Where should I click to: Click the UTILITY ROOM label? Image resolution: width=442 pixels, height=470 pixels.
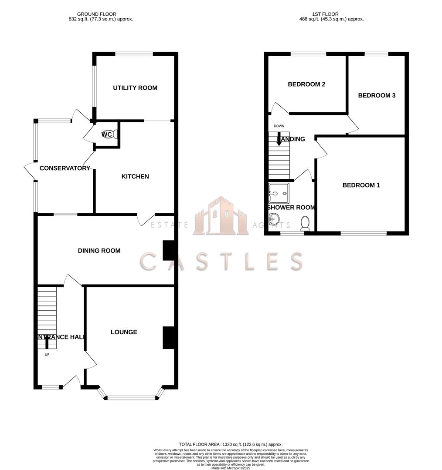click(135, 88)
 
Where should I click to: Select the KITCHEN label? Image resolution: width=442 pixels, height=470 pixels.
click(135, 176)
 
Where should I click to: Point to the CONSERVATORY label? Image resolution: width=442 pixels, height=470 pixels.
click(65, 168)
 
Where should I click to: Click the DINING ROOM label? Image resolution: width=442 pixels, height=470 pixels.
click(99, 251)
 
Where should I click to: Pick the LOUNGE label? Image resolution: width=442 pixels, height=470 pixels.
click(124, 332)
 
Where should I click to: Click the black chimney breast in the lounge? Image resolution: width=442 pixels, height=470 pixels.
click(168, 337)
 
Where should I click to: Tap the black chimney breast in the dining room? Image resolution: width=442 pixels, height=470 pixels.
click(168, 251)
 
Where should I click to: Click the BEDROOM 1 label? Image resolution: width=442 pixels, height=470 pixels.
click(361, 185)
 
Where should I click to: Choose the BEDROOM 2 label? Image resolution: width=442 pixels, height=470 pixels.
click(306, 84)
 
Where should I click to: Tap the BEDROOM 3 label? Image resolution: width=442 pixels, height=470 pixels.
click(377, 95)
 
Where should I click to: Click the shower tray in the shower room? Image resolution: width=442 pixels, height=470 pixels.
click(279, 193)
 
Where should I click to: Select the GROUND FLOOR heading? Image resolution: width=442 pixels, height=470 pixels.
click(97, 14)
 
